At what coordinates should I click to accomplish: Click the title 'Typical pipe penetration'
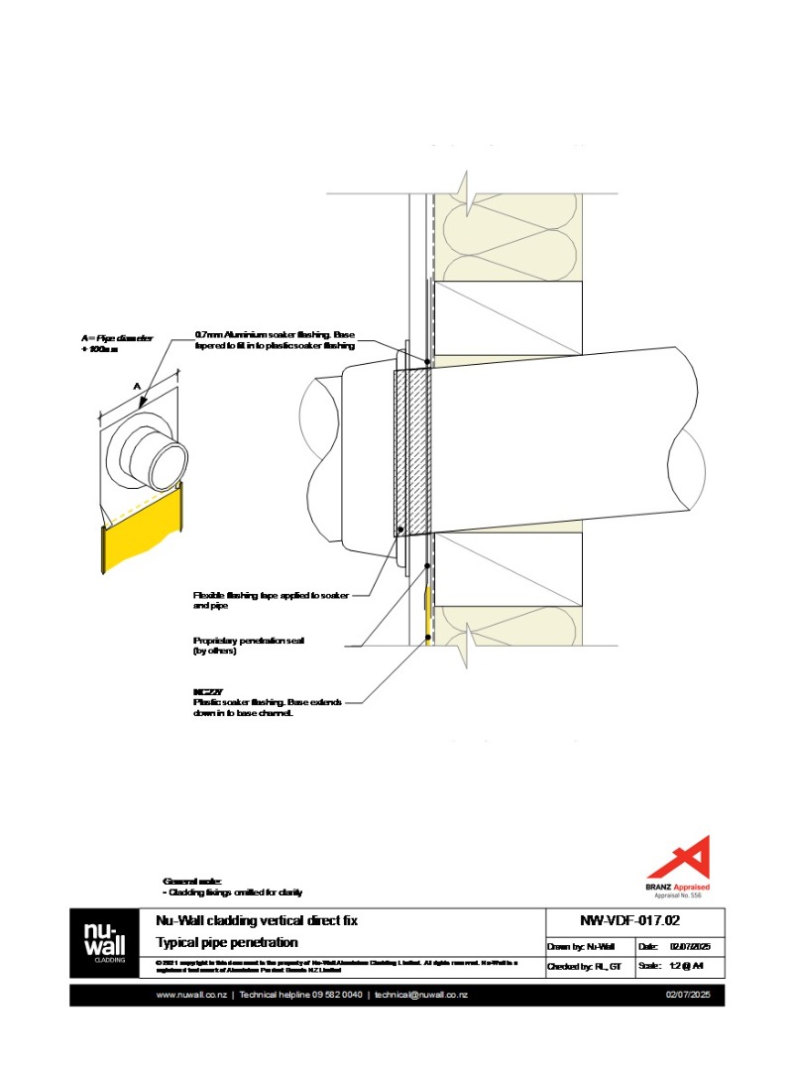coord(227,942)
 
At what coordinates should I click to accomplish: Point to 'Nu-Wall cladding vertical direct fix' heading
coord(257,920)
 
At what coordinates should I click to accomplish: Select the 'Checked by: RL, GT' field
coord(584,965)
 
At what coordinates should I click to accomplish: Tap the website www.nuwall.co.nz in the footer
coord(191,995)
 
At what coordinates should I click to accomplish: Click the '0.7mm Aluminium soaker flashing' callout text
coord(275,340)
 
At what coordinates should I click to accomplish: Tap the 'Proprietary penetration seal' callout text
coord(248,645)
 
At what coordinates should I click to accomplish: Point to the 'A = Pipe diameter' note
coord(117,343)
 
